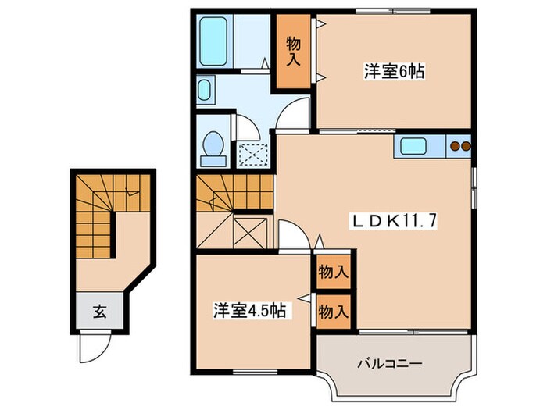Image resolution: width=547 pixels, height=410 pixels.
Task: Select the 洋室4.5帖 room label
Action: tap(250, 311)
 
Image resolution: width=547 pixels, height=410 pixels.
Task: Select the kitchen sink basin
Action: tap(415, 145)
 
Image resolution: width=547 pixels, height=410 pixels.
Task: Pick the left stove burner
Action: tap(455, 145)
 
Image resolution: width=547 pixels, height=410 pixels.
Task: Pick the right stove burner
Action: tap(466, 145)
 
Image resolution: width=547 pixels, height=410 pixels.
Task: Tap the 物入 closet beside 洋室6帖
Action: tap(292, 51)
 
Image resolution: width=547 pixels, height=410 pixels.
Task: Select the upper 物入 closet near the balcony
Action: tap(333, 273)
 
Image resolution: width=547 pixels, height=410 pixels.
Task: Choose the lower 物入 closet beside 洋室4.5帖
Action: tap(333, 311)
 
